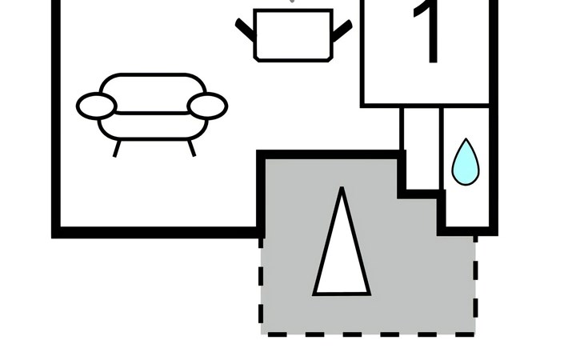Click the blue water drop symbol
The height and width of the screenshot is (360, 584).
point(466,162)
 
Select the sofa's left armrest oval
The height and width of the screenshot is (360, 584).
point(97,106)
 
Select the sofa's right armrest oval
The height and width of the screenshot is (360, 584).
point(207,106)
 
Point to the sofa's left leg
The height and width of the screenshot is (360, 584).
point(117,149)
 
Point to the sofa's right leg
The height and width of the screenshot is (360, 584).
point(191,148)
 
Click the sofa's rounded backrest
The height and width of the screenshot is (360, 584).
point(153,79)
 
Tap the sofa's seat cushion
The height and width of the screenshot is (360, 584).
point(153,126)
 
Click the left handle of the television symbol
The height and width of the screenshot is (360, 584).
point(246,29)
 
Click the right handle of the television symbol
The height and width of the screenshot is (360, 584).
point(342,30)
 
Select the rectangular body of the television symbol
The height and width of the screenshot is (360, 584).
point(293,35)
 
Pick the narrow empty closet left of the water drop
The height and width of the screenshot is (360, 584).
point(422,148)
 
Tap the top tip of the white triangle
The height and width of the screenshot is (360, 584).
point(342,187)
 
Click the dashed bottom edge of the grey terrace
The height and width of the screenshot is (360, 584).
point(368,334)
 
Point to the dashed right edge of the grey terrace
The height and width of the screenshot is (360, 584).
point(476,285)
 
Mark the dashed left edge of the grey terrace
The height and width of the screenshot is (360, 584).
point(261,285)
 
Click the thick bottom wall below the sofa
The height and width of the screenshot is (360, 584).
point(158,232)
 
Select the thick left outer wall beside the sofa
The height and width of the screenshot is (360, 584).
point(56,119)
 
